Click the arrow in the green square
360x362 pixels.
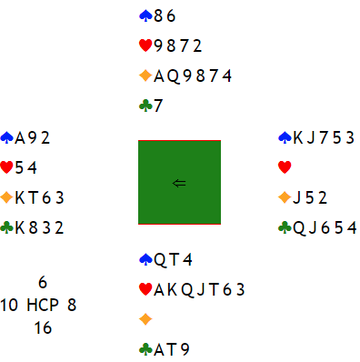[179, 183]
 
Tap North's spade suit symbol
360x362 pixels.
[145, 15]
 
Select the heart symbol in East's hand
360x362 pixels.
[285, 167]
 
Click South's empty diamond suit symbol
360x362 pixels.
[145, 319]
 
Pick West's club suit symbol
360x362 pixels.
[6, 227]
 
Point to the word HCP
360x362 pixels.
[43, 305]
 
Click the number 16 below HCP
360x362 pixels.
[43, 327]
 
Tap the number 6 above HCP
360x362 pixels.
[43, 282]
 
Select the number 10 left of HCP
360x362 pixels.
[8, 305]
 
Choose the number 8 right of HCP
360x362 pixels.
[72, 305]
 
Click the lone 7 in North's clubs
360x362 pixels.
[158, 106]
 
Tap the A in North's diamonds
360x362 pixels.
[159, 76]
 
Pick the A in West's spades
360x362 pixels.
[20, 138]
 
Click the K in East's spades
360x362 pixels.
[298, 138]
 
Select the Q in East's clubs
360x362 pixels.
[299, 228]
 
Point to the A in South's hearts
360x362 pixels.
[159, 289]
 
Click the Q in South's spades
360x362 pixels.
[160, 260]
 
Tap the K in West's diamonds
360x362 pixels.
[20, 198]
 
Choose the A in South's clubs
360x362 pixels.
[159, 349]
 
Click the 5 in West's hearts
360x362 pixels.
[19, 168]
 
